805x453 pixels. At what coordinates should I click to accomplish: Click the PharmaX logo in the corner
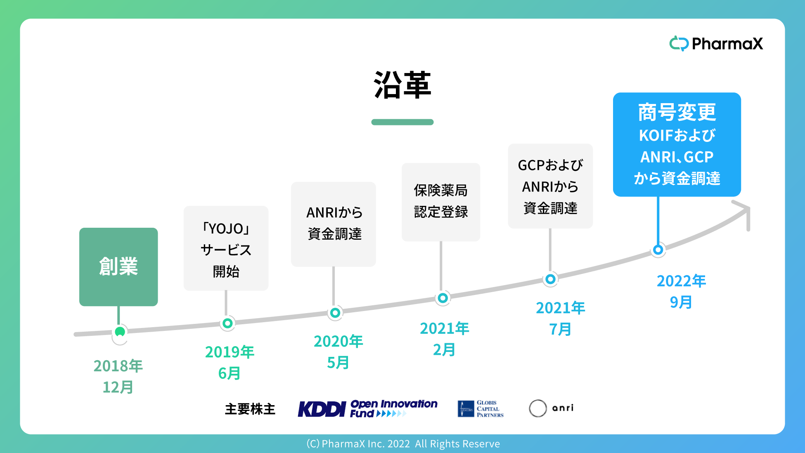click(716, 43)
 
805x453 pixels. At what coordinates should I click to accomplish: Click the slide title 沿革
click(402, 85)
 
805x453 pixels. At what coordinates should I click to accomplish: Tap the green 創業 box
click(118, 267)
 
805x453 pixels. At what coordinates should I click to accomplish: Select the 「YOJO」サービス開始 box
click(226, 248)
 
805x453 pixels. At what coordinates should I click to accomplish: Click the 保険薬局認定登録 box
click(441, 202)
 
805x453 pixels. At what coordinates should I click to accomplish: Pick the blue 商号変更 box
click(677, 144)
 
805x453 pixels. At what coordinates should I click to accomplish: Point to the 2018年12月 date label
click(118, 376)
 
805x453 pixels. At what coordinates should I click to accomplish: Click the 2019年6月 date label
click(230, 362)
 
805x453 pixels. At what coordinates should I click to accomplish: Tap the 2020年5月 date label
click(338, 352)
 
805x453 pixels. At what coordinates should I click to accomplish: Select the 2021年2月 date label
click(444, 339)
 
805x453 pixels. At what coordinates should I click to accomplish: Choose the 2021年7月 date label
click(560, 318)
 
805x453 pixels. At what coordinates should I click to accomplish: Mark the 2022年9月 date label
click(681, 291)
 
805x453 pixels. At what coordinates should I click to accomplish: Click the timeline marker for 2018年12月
click(120, 332)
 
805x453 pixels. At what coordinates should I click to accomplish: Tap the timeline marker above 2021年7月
click(550, 279)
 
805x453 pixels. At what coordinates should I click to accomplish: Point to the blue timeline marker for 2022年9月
click(658, 250)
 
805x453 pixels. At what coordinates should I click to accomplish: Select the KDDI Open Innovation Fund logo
click(368, 408)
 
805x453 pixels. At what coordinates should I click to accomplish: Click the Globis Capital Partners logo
click(481, 408)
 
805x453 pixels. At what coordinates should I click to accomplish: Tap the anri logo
click(552, 408)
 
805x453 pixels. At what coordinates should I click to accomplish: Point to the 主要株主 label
click(250, 409)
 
